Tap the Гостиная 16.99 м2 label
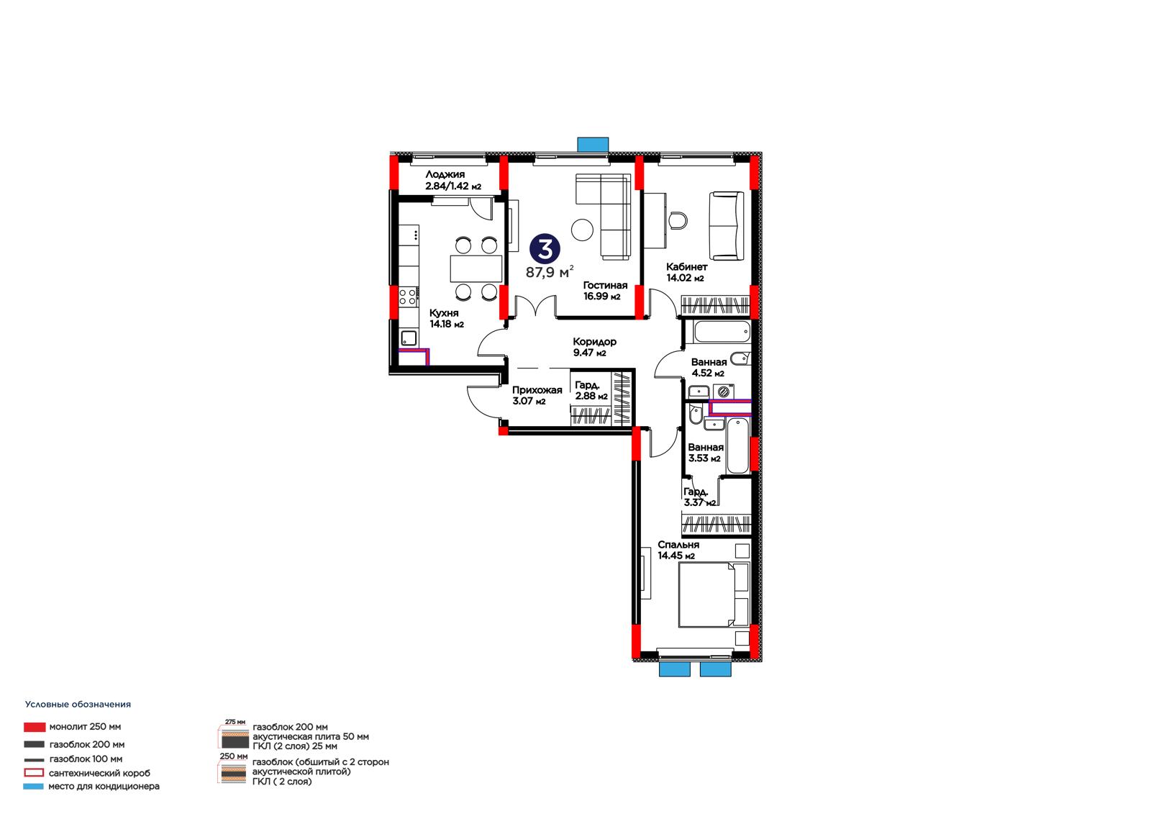605,291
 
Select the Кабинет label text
686,267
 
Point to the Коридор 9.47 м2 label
594,347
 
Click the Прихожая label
537,390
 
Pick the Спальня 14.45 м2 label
678,550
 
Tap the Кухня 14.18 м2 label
447,318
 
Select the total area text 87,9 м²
550,272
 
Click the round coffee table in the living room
582,230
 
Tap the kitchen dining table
476,268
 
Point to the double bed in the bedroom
714,595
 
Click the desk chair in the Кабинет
678,220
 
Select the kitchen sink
409,338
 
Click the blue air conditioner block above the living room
593,145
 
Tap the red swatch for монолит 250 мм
35,727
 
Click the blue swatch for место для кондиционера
33,786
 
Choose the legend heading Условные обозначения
78,705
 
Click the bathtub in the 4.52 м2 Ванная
722,332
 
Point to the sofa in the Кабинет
726,226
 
